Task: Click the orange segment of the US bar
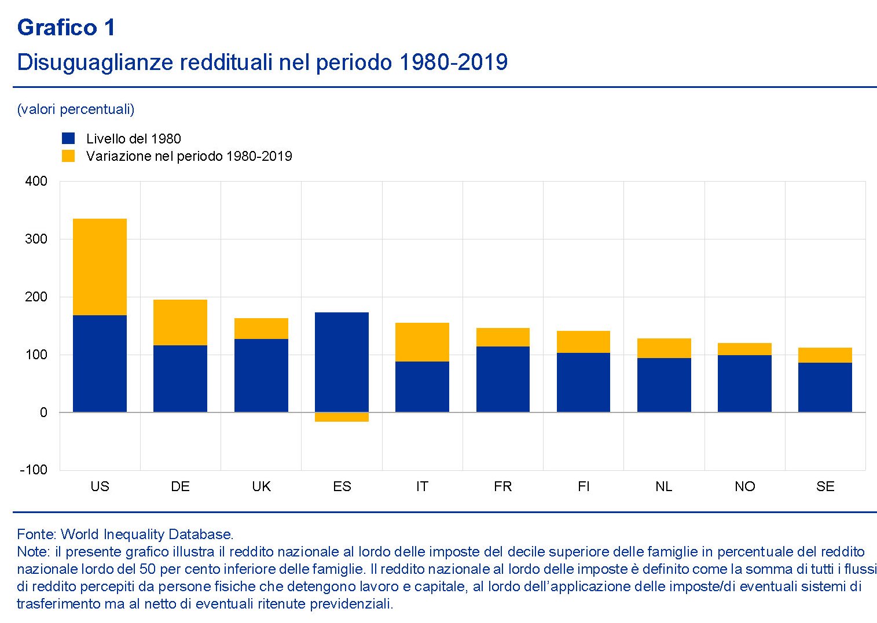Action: coord(100,267)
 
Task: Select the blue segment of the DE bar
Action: coord(180,378)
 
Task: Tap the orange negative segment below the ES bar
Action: coord(342,417)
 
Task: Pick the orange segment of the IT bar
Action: coord(422,342)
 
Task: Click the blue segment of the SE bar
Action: coord(825,387)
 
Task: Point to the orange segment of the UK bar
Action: coord(261,329)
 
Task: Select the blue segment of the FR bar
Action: coord(502,379)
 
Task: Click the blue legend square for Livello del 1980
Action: coord(68,138)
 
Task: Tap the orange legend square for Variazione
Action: coord(68,156)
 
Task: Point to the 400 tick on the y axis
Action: coord(36,181)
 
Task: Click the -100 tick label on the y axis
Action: coord(34,470)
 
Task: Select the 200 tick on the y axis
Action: coord(36,297)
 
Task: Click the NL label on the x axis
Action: coord(664,486)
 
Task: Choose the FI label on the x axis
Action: coord(584,486)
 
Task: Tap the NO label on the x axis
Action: coord(744,486)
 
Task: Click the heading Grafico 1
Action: coord(66,27)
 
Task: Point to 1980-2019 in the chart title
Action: coord(453,62)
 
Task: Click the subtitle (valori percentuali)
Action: coord(76,109)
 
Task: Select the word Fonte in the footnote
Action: coord(36,534)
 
